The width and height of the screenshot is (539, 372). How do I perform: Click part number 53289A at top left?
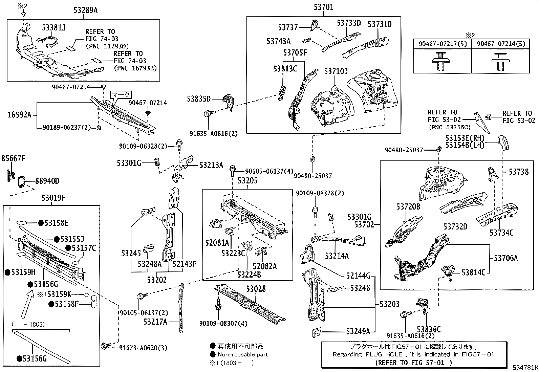point(85,10)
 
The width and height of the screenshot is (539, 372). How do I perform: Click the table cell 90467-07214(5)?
point(500,44)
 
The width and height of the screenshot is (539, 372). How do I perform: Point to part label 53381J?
point(54,27)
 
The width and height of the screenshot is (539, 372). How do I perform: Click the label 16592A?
point(19,115)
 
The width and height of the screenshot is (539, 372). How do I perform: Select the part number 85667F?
point(13,158)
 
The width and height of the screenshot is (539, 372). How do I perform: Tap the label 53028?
point(256,289)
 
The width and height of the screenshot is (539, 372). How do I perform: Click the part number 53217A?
point(155,322)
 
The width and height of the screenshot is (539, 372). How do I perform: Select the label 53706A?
point(505,258)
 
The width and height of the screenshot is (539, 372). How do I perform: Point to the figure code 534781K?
point(525,368)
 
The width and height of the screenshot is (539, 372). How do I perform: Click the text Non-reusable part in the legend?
point(242,355)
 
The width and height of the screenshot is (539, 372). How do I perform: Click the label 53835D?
point(199,99)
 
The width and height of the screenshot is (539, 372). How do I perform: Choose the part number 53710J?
point(336,71)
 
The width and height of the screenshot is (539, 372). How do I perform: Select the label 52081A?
point(217,243)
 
